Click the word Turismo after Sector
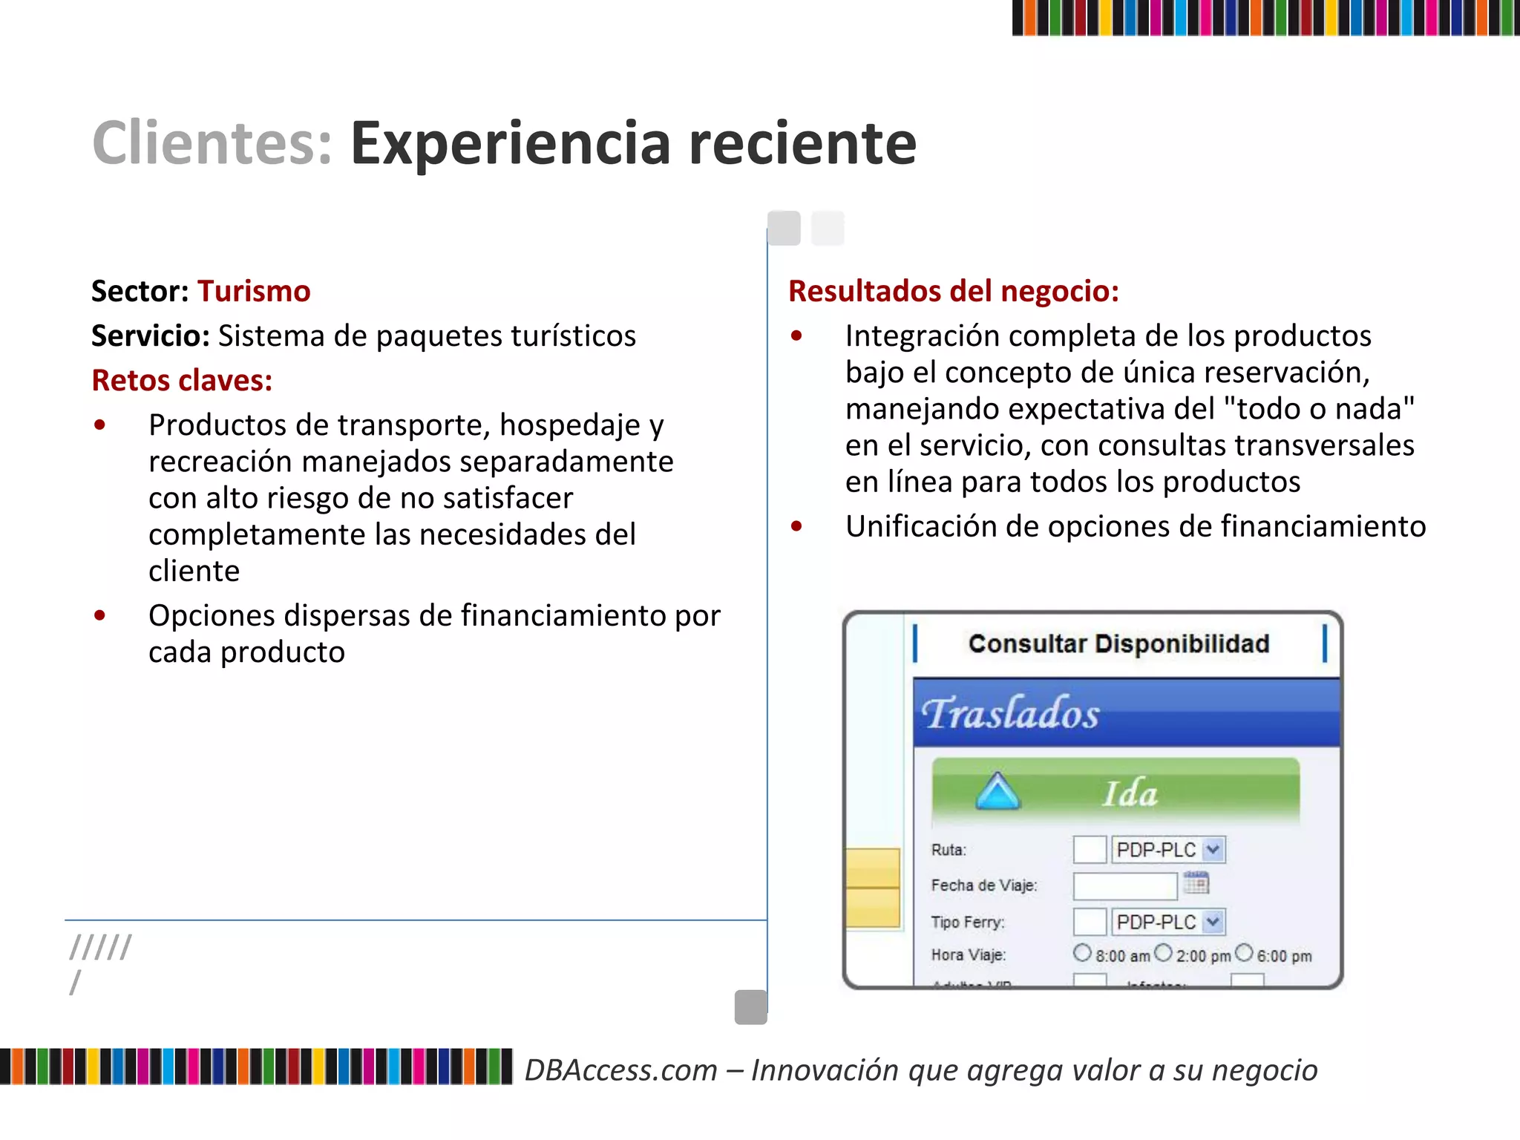coord(254,291)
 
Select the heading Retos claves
coord(182,380)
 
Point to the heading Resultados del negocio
coord(954,291)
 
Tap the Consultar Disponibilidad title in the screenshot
coord(1118,643)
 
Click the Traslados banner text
coord(1010,713)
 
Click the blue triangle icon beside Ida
coord(997,791)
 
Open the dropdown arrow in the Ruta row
coord(1213,849)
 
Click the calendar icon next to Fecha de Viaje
coord(1196,883)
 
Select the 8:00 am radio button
coord(1082,953)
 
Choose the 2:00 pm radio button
coord(1164,953)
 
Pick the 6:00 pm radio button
coord(1245,953)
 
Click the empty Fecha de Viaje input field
coord(1125,885)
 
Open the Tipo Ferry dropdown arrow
coord(1213,922)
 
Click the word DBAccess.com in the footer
coord(621,1070)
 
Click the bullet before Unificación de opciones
coord(796,526)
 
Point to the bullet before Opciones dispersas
coord(99,615)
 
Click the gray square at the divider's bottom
coord(750,1007)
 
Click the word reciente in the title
coord(802,142)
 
